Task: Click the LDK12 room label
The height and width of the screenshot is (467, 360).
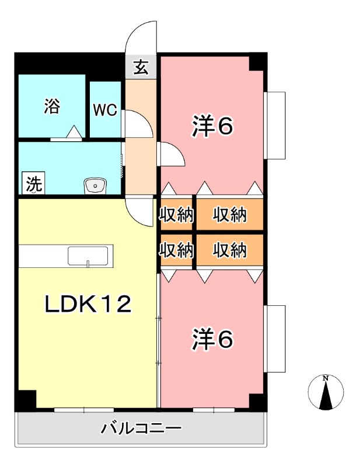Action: click(88, 304)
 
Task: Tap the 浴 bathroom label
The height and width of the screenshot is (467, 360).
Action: click(52, 106)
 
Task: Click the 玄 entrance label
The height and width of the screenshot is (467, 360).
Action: click(141, 68)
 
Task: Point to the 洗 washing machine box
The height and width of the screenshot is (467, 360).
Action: click(33, 184)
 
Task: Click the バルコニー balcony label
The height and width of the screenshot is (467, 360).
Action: click(141, 429)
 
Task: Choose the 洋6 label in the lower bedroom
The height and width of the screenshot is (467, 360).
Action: click(213, 339)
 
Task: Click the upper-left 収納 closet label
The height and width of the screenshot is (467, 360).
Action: click(176, 215)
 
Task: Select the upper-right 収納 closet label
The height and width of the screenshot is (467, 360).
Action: click(229, 215)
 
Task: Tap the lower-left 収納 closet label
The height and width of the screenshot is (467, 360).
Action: click(176, 250)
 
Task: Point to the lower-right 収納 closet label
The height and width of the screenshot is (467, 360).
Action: click(229, 250)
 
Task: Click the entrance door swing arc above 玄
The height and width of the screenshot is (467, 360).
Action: click(143, 39)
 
